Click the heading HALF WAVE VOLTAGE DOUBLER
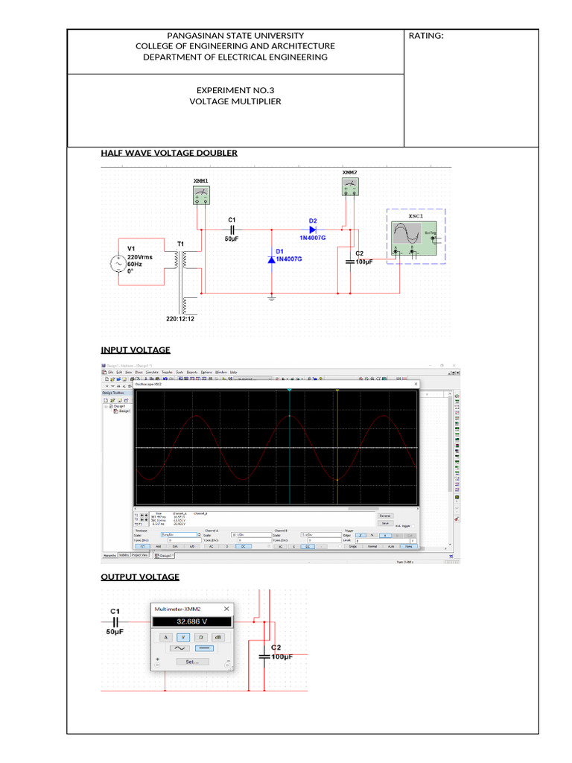coord(169,153)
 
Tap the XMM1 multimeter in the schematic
coord(201,195)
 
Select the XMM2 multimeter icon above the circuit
coord(349,186)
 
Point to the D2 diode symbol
coord(312,229)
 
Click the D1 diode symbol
coord(272,259)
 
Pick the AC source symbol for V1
coord(118,263)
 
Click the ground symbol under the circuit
coord(272,297)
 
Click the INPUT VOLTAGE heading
coord(136,349)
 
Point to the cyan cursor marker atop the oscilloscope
coord(289,390)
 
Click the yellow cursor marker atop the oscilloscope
coord(337,390)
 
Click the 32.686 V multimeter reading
coord(192,621)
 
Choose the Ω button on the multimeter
coord(200,637)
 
